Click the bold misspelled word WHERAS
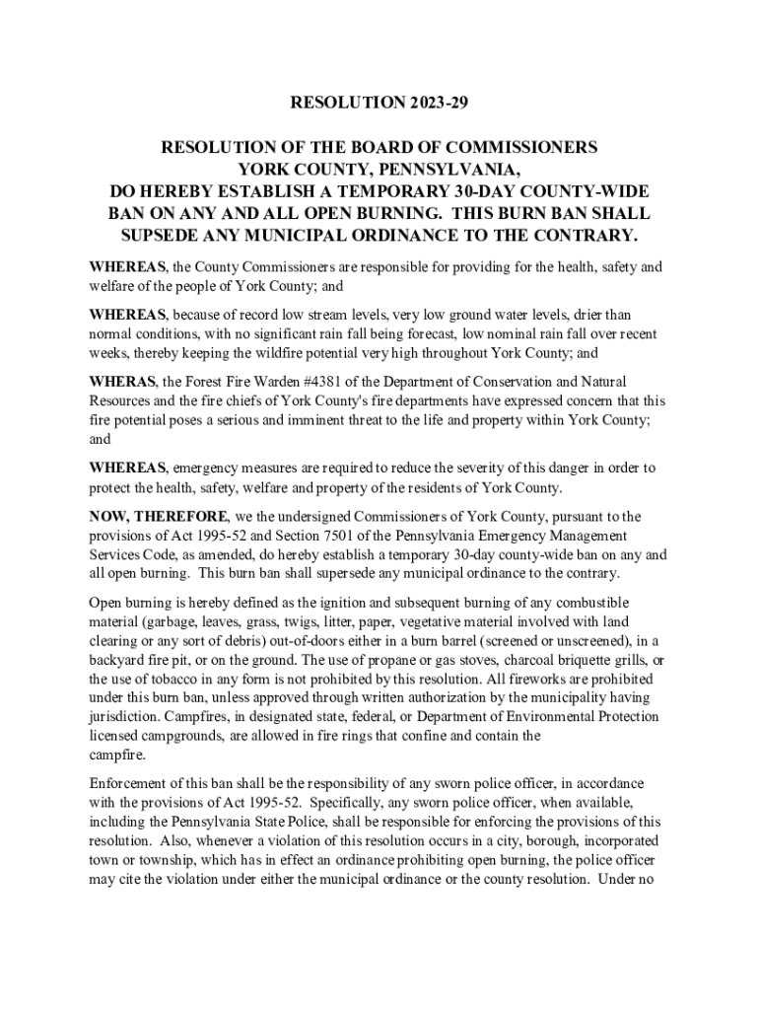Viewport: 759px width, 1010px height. [x=122, y=382]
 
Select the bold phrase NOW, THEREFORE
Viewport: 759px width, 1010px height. [x=159, y=517]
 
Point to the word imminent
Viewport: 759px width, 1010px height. [x=340, y=420]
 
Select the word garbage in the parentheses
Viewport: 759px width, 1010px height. [x=171, y=621]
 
